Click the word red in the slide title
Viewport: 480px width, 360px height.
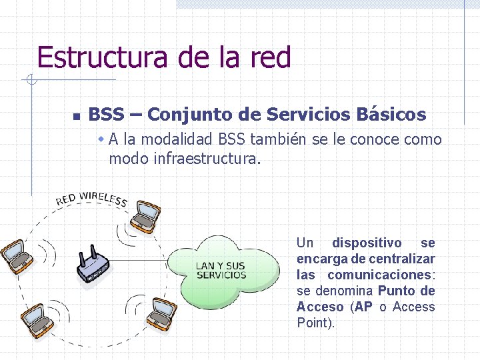269,58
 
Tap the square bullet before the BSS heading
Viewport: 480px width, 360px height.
77,116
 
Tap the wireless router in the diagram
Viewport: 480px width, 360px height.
93,265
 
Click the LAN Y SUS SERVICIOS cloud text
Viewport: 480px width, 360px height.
221,271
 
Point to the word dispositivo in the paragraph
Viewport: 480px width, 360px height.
367,243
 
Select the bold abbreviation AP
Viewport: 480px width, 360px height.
363,307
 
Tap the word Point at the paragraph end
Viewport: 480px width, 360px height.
315,323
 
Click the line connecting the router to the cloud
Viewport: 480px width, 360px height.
137,259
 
